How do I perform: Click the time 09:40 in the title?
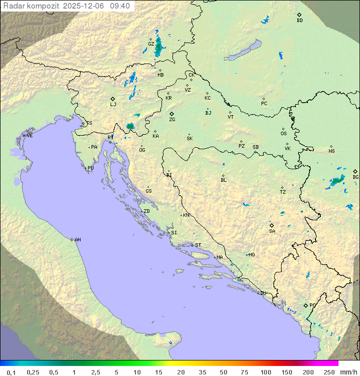click(x=119, y=6)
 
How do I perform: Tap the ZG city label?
click(x=172, y=120)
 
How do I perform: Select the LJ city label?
click(x=113, y=105)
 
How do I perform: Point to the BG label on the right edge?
click(x=355, y=177)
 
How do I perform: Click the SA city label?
click(x=272, y=231)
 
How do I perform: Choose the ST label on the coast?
click(x=198, y=245)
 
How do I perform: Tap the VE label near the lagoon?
click(x=29, y=136)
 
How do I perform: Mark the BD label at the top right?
click(x=299, y=21)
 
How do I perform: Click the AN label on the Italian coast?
click(x=77, y=240)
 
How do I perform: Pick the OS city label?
click(x=283, y=134)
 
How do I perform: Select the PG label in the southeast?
click(x=312, y=305)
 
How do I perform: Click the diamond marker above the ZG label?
click(x=171, y=114)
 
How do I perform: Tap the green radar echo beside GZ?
click(x=159, y=47)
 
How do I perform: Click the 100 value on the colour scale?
click(x=265, y=372)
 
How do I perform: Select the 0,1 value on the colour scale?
click(x=11, y=372)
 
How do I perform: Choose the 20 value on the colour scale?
click(x=180, y=372)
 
